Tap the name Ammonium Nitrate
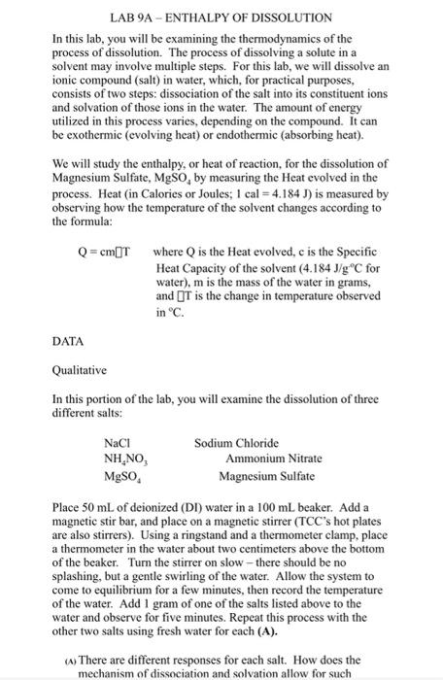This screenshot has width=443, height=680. (268, 459)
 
